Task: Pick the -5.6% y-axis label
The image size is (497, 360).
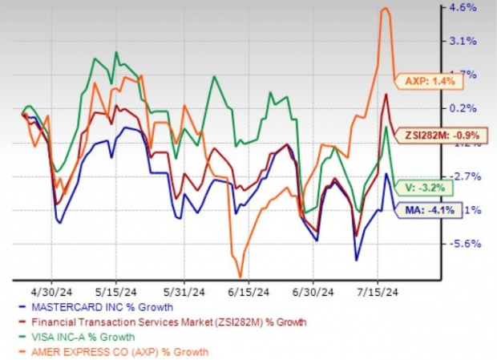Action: (467, 244)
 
